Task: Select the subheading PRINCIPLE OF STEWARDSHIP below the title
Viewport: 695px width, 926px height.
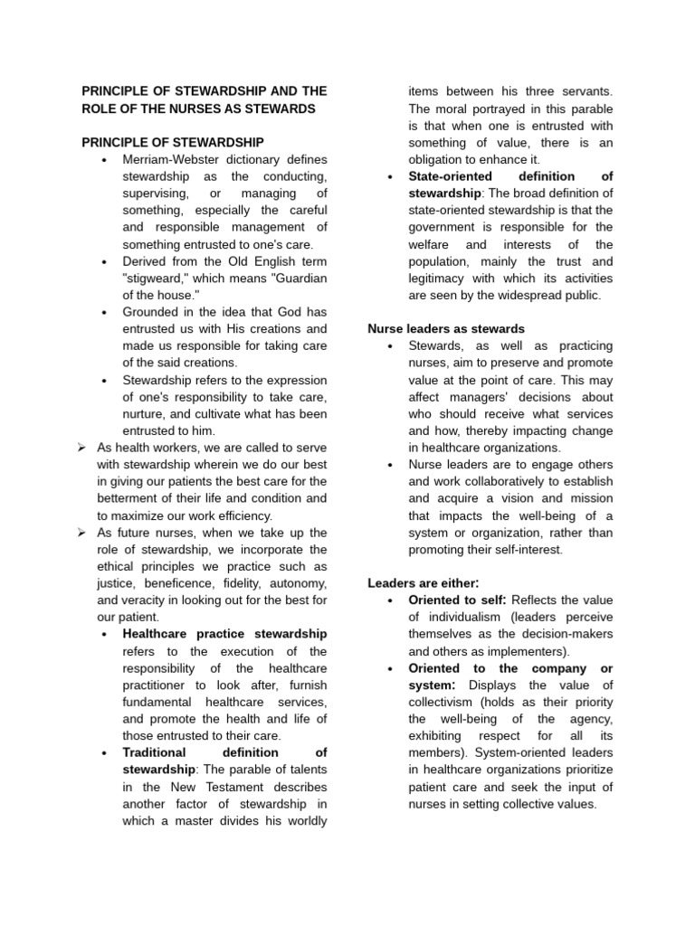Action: point(173,143)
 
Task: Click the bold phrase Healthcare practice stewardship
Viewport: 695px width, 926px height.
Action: point(224,634)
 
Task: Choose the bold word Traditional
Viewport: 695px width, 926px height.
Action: point(154,752)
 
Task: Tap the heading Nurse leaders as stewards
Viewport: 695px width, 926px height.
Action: point(446,329)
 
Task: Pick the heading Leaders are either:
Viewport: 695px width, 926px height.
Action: point(423,582)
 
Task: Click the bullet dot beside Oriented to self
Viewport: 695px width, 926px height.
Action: point(389,600)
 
